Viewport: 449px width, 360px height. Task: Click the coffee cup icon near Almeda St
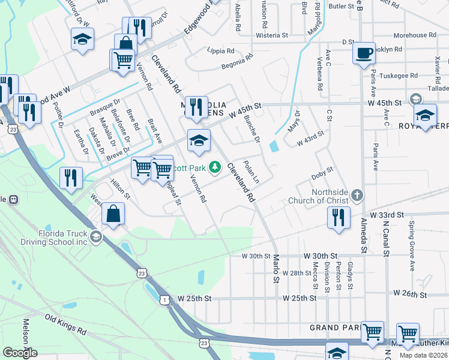point(364,53)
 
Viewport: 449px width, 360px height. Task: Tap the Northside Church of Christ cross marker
point(357,195)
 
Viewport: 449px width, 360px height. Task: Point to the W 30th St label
point(257,256)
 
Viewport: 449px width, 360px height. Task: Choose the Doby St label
point(322,176)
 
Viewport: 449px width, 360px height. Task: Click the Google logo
point(20,353)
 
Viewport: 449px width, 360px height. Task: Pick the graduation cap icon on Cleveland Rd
point(199,141)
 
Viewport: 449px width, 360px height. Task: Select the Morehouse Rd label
point(415,35)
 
